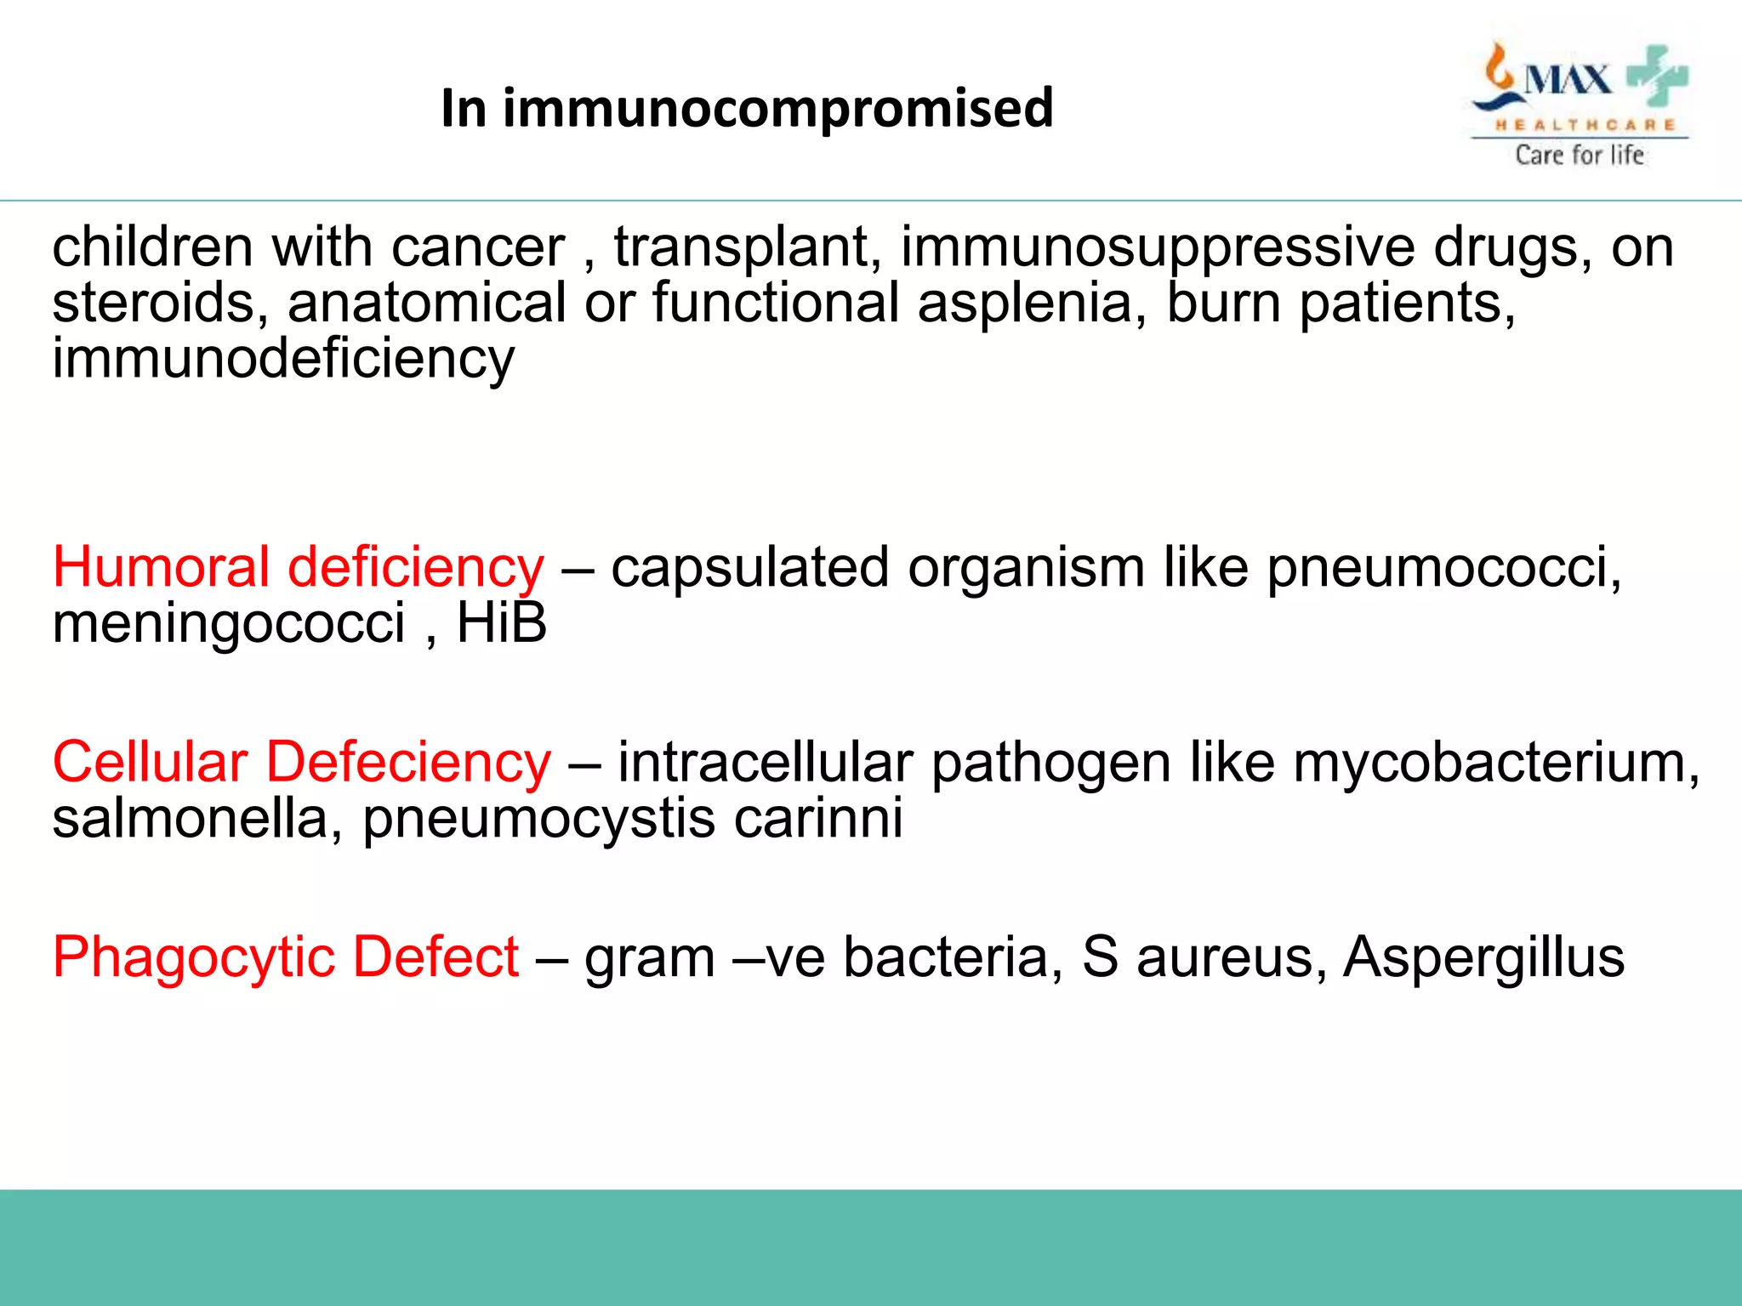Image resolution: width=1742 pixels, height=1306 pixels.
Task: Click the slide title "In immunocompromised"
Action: [x=747, y=108]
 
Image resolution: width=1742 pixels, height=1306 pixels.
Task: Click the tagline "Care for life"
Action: [x=1580, y=155]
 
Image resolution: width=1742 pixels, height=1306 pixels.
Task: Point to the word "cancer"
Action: [x=478, y=247]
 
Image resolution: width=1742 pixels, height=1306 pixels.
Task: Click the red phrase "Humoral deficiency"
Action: [x=298, y=567]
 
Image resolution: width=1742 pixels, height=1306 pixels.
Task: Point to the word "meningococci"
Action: [x=228, y=624]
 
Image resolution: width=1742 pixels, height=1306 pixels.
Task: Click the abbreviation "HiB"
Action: [x=502, y=622]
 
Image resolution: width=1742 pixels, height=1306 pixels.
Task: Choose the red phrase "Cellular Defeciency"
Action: [x=302, y=762]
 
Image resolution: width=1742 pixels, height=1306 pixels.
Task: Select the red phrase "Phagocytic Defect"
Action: [x=286, y=957]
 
